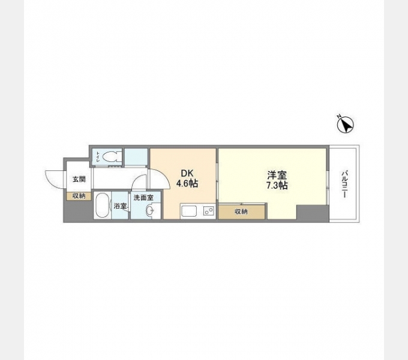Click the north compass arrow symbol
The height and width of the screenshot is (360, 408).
click(x=345, y=125)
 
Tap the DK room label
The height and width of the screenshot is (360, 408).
click(x=187, y=174)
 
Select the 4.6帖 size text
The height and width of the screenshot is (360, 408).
click(x=187, y=184)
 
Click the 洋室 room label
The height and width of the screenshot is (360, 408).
click(x=277, y=175)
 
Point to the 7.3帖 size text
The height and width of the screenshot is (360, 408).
click(x=277, y=185)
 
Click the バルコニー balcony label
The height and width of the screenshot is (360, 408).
click(x=345, y=184)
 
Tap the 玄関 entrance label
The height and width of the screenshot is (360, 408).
click(x=79, y=179)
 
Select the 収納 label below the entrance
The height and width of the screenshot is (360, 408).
click(x=79, y=196)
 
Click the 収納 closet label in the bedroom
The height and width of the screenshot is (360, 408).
click(x=241, y=212)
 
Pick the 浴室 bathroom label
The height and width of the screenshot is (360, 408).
click(x=120, y=206)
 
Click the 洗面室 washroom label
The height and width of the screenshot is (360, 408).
click(x=143, y=197)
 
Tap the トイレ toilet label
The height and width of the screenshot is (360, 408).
click(x=98, y=157)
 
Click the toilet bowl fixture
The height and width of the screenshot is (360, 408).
click(x=110, y=157)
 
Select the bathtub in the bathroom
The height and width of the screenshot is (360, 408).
click(x=102, y=205)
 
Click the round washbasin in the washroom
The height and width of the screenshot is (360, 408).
click(x=150, y=210)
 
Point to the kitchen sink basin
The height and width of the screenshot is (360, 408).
click(x=189, y=211)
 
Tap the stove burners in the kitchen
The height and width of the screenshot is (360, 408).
click(x=209, y=211)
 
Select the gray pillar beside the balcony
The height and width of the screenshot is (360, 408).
click(x=313, y=213)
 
